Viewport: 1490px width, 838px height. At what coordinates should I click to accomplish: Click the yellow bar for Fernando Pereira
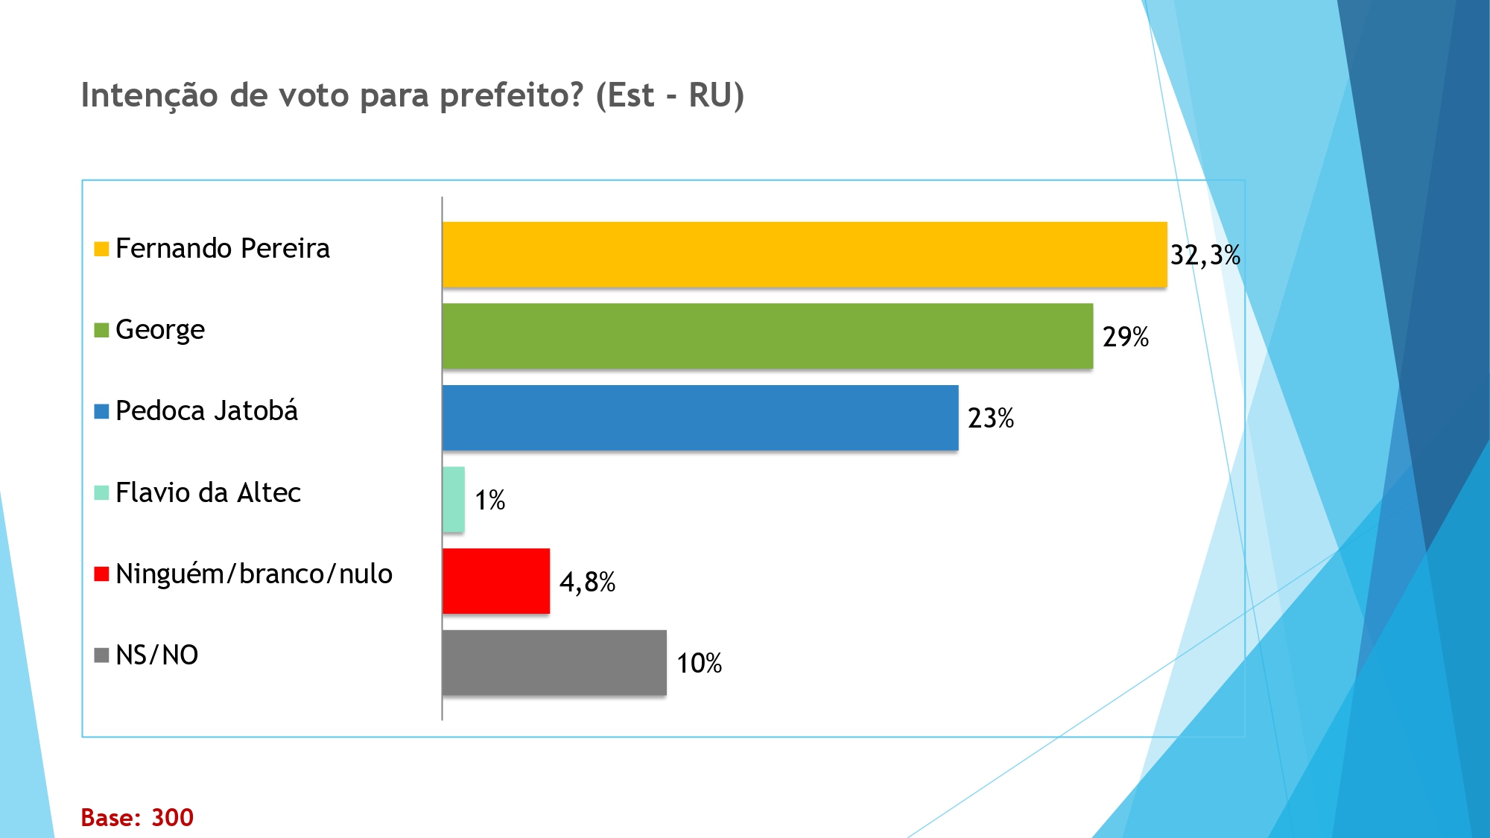pos(805,254)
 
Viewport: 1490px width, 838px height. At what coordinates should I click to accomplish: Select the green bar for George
pos(767,336)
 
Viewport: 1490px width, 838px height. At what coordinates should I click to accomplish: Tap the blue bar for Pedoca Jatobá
pos(700,418)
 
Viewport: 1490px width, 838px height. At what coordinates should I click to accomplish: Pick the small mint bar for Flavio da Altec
pos(454,499)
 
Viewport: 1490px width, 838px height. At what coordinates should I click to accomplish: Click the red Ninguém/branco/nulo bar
pos(496,581)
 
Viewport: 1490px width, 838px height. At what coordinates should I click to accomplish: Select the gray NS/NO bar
pos(554,662)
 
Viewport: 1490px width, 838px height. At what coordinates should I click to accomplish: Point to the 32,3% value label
pos(1205,255)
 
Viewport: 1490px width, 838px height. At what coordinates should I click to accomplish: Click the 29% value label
pos(1126,337)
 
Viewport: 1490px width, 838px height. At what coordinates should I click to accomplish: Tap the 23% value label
pos(991,418)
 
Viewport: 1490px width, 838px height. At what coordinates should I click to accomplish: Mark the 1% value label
pos(490,500)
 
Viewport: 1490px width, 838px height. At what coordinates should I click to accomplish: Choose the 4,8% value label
pos(587,582)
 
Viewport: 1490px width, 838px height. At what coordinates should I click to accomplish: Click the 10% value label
pos(699,663)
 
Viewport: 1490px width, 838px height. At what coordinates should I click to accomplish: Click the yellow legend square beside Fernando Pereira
pos(101,249)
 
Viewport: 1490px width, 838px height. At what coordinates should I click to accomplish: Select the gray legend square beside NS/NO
pos(101,656)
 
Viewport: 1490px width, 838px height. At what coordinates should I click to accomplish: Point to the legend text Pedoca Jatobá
pos(206,411)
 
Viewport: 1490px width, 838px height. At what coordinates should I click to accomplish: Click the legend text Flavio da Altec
pos(208,492)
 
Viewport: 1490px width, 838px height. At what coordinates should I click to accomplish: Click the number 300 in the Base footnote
pos(172,817)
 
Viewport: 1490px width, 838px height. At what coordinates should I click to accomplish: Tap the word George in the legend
pos(160,330)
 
